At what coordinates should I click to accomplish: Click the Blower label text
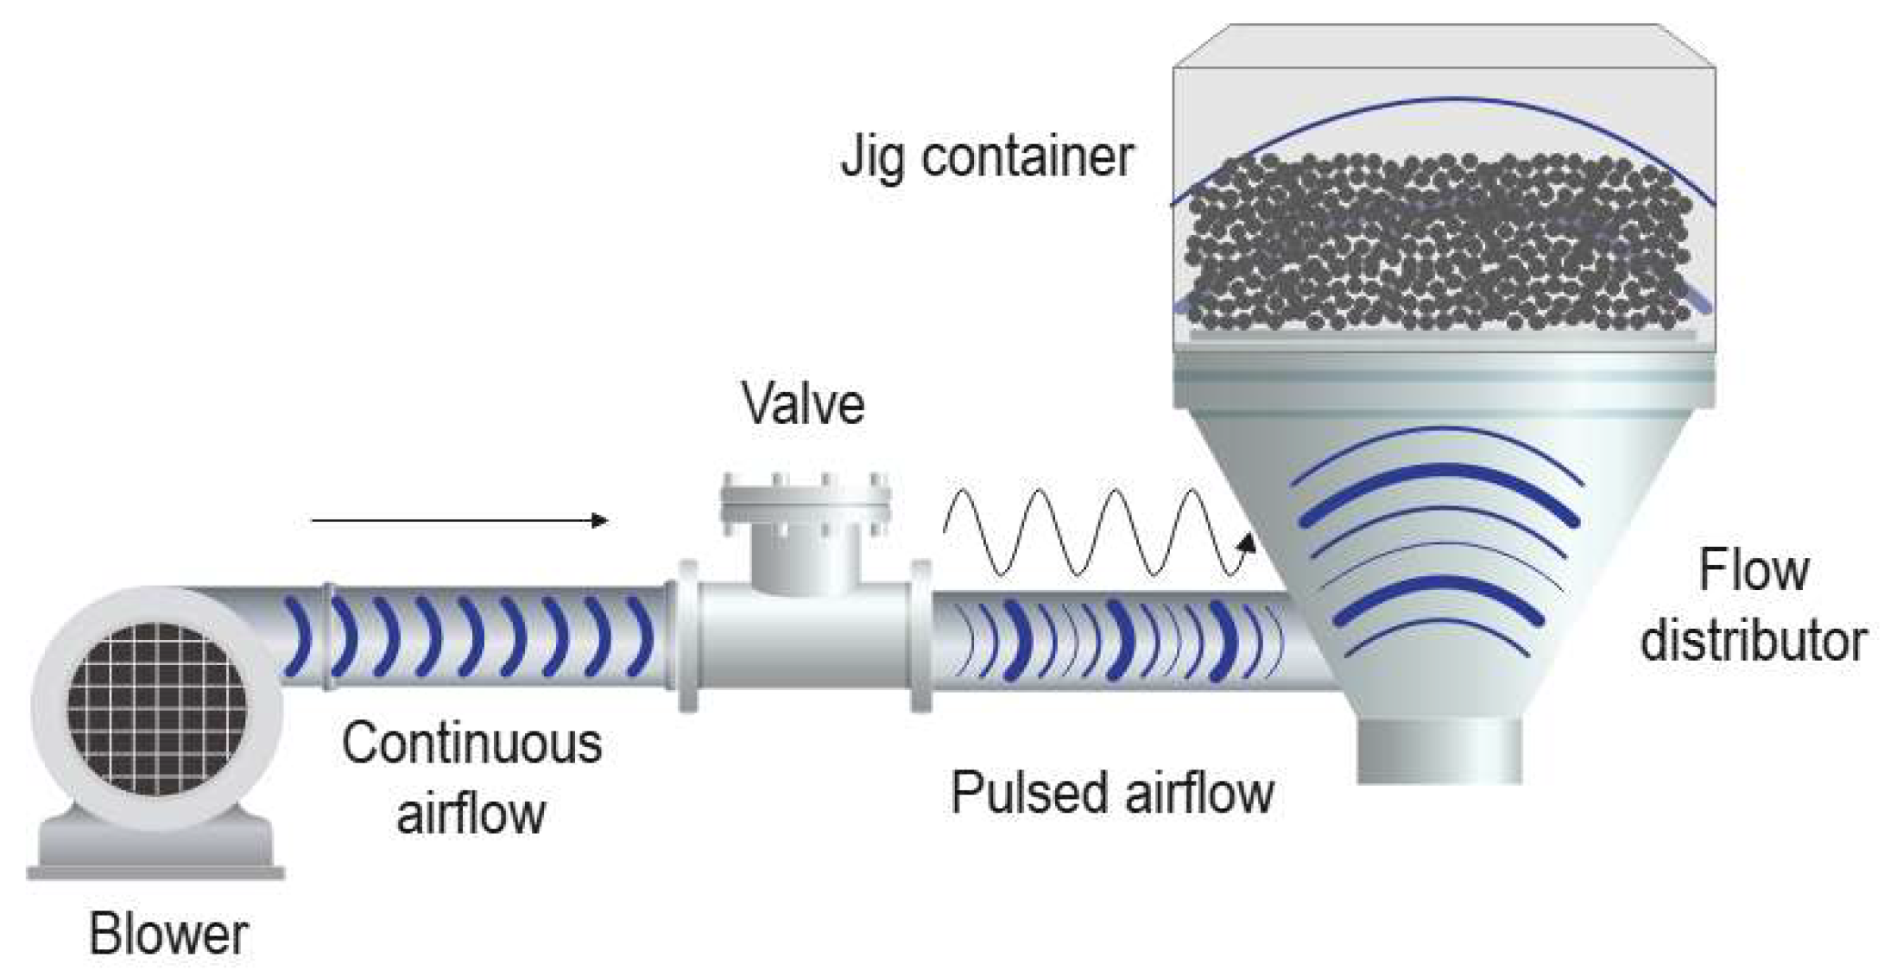[x=168, y=935]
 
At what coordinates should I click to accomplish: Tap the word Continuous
[x=471, y=744]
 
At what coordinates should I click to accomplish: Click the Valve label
[x=803, y=404]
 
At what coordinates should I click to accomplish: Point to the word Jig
[x=872, y=158]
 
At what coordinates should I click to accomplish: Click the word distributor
[x=1753, y=642]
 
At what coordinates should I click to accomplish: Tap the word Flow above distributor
[x=1753, y=571]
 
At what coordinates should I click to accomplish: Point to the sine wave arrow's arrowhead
[x=1246, y=542]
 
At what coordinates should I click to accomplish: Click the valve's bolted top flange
[x=805, y=501]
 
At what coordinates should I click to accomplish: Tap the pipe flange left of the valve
[x=688, y=637]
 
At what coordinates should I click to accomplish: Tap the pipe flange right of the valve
[x=921, y=637]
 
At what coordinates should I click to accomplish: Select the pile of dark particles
[x=1438, y=242]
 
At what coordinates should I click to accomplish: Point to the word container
[x=1027, y=158]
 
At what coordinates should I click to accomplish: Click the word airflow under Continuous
[x=471, y=814]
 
